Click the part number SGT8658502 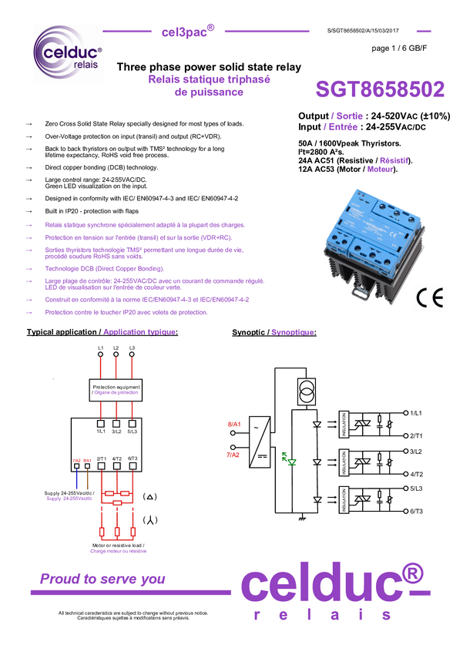pos(380,90)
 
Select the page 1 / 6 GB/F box pos(399,49)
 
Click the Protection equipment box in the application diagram pos(116,389)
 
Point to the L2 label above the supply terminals pos(116,349)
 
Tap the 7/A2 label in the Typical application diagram pos(76,461)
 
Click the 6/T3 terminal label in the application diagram pos(133,458)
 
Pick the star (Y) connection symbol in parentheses pos(151,520)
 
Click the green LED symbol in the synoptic pos(290,460)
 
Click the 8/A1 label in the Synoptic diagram pos(234,425)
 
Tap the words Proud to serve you pos(102,579)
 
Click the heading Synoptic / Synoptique pos(273,332)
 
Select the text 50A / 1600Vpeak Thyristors pos(349,143)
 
